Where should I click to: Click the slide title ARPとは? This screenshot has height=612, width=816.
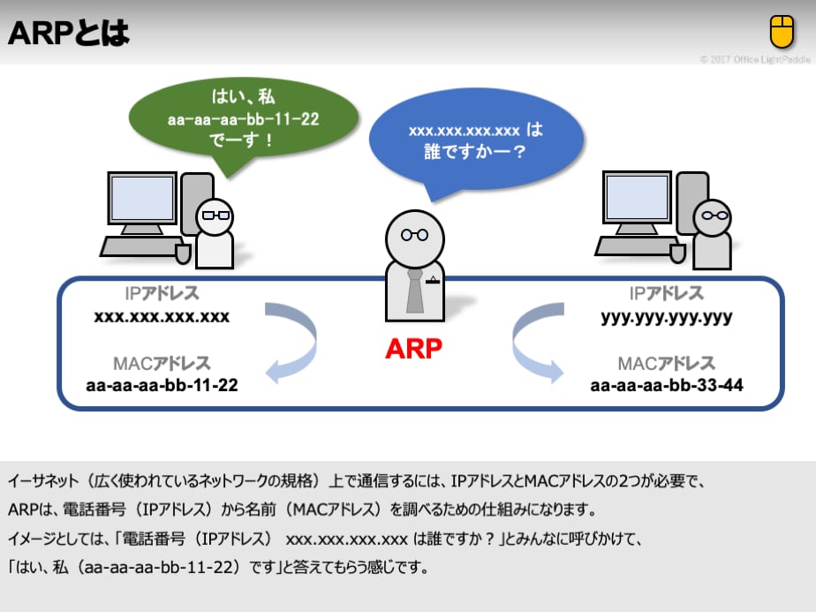pyautogui.click(x=69, y=34)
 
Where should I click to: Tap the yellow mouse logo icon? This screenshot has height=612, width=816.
pyautogui.click(x=782, y=32)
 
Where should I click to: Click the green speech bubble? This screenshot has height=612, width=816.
pyautogui.click(x=243, y=118)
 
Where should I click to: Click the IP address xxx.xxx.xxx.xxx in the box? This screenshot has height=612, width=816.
pyautogui.click(x=162, y=316)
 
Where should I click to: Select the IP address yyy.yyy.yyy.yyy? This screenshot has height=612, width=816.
pyautogui.click(x=667, y=316)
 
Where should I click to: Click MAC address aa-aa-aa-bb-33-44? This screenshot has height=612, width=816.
pyautogui.click(x=667, y=385)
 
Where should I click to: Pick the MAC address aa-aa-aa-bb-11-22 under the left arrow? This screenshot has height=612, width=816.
pyautogui.click(x=162, y=385)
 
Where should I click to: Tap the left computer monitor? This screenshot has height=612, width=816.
pyautogui.click(x=140, y=200)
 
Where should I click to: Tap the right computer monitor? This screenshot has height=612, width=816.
pyautogui.click(x=637, y=200)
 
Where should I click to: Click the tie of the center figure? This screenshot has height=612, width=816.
pyautogui.click(x=414, y=291)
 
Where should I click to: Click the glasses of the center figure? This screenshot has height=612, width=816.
pyautogui.click(x=414, y=235)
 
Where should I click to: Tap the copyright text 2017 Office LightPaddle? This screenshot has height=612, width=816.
pyautogui.click(x=755, y=59)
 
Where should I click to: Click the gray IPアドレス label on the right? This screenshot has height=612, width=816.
pyautogui.click(x=667, y=294)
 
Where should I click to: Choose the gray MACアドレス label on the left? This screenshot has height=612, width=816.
pyautogui.click(x=162, y=363)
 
